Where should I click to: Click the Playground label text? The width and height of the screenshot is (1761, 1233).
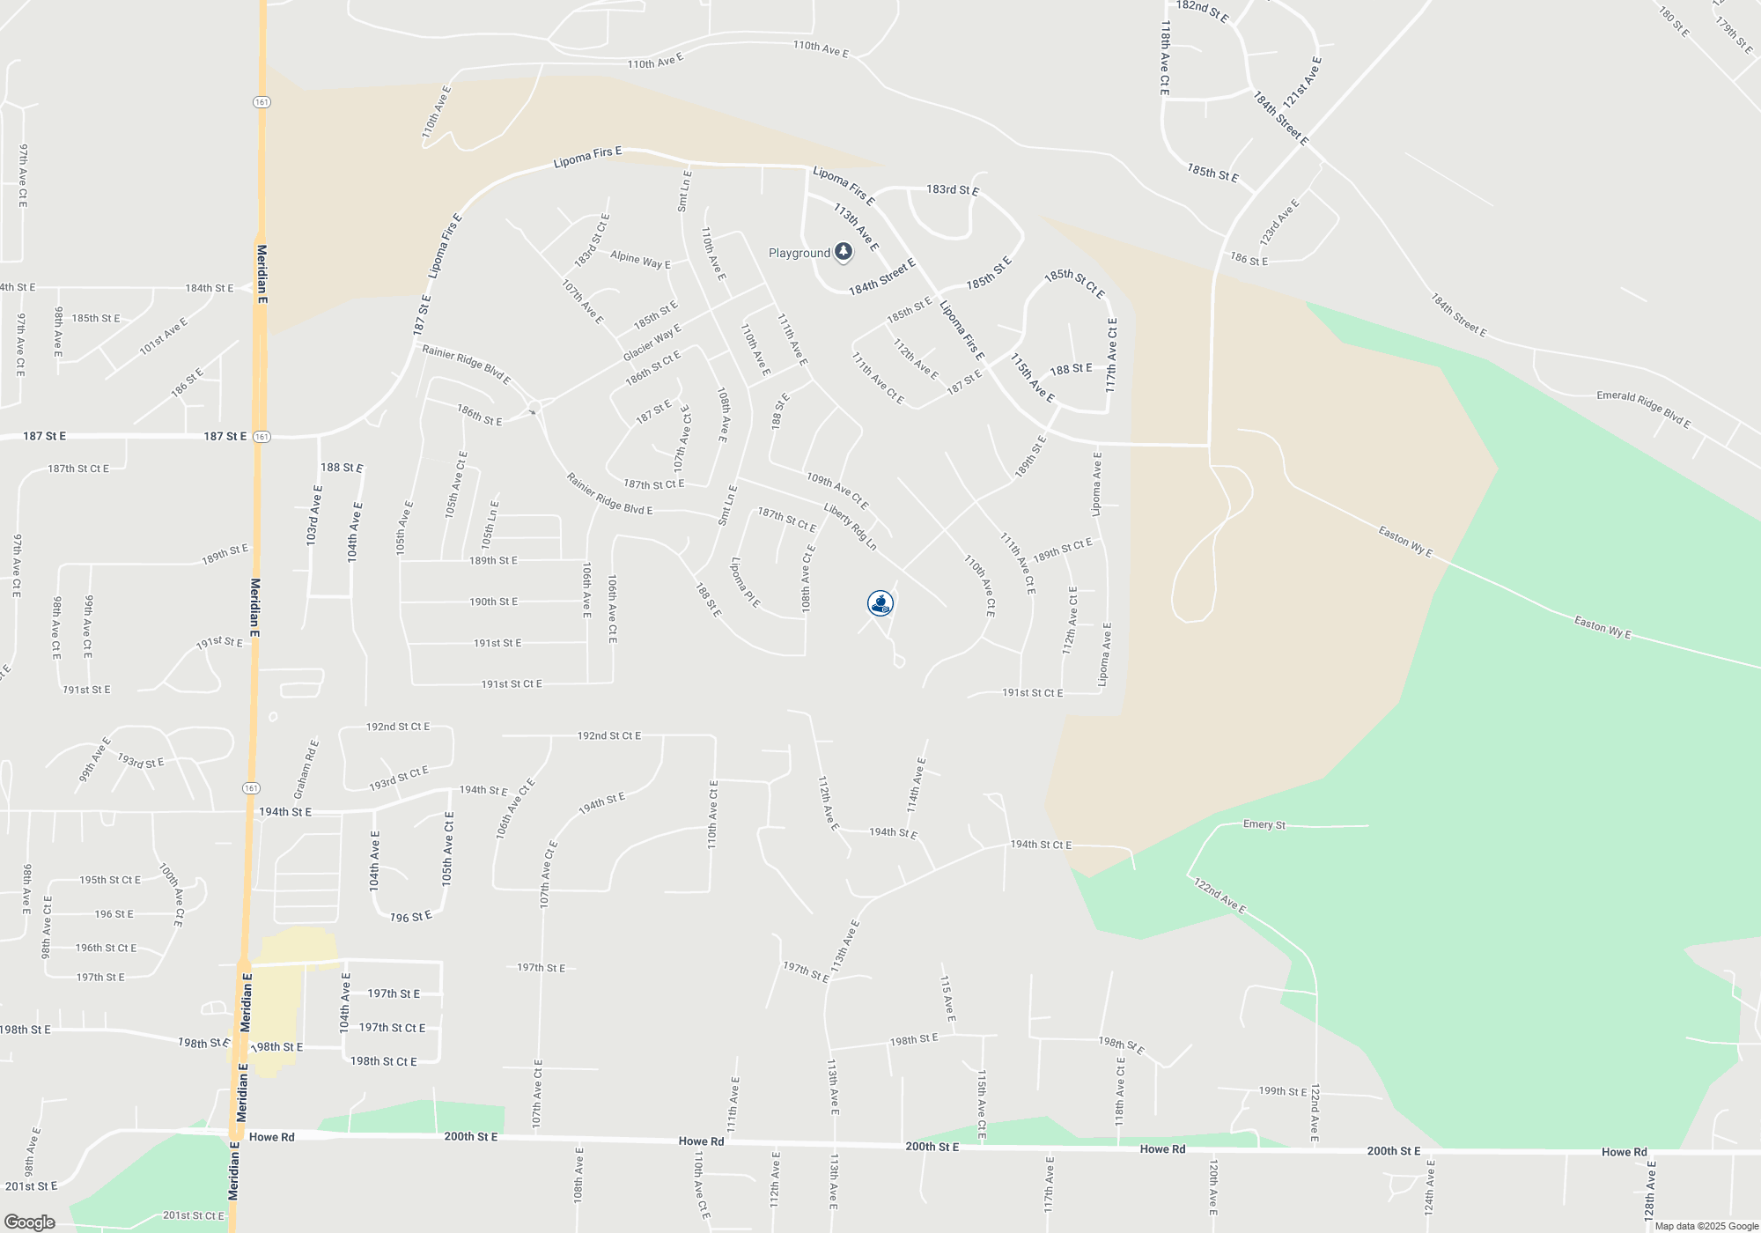coord(799,253)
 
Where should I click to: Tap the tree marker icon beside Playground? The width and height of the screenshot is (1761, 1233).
coord(843,253)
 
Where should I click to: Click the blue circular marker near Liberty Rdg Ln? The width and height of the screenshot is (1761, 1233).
coord(880,603)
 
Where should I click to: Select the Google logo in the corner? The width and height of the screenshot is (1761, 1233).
coord(29,1222)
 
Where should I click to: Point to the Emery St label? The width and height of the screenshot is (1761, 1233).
coord(1264,824)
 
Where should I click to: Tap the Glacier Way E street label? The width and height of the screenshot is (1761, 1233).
coord(652,343)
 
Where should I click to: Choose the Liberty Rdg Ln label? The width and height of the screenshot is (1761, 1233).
coord(851,527)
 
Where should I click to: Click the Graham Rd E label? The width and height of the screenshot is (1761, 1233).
coord(306,769)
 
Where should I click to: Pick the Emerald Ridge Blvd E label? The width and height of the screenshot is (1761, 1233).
coord(1643,408)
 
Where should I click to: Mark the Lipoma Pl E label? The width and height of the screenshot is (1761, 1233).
coord(745,581)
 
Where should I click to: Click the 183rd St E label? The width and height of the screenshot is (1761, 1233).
coord(952,189)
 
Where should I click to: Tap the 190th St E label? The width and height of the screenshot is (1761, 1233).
coord(493,602)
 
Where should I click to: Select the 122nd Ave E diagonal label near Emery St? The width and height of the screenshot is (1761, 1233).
coord(1219,895)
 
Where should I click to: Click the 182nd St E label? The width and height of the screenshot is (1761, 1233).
coord(1201,11)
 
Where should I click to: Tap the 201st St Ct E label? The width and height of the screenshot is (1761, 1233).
coord(194,1215)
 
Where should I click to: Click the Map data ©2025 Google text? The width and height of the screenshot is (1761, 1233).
coord(1706,1226)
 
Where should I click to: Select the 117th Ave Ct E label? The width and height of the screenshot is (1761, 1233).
coord(1112,355)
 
